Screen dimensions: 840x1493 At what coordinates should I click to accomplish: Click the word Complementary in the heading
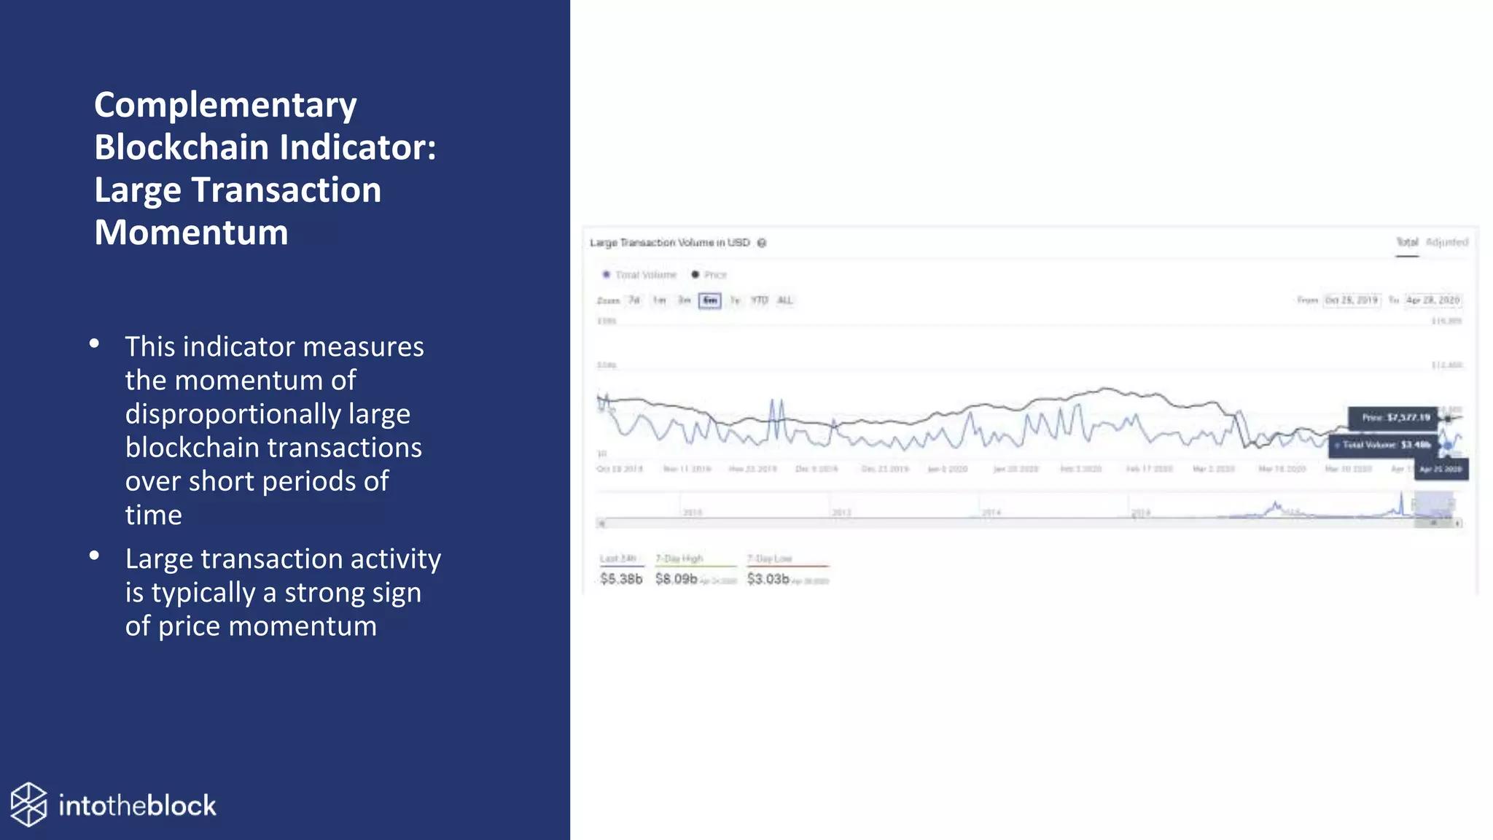click(225, 106)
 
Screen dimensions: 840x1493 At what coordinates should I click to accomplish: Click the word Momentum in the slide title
click(191, 233)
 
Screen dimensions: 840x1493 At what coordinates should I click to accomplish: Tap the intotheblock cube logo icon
click(29, 805)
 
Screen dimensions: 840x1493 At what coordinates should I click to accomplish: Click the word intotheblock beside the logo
click(137, 806)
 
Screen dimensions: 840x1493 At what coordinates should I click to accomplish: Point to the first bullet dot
click(94, 343)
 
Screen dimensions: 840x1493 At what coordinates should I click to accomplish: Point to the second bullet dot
click(94, 556)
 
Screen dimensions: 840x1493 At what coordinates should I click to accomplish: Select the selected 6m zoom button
click(709, 300)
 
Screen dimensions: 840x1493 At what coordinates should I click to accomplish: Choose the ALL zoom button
click(784, 300)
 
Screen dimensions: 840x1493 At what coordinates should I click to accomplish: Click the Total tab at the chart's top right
click(1407, 242)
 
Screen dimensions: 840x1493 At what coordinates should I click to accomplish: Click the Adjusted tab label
click(1447, 242)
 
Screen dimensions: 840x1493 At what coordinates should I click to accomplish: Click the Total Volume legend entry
click(639, 275)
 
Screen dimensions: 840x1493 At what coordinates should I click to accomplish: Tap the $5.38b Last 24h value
click(621, 579)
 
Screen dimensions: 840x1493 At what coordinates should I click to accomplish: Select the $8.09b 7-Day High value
click(676, 579)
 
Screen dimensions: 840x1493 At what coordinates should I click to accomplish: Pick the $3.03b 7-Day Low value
click(768, 579)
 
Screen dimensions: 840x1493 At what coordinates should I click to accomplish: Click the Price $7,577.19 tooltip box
click(1393, 418)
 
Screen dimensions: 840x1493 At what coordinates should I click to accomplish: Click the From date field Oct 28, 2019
click(1351, 300)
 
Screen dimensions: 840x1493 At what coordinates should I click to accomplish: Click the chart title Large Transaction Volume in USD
click(669, 243)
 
